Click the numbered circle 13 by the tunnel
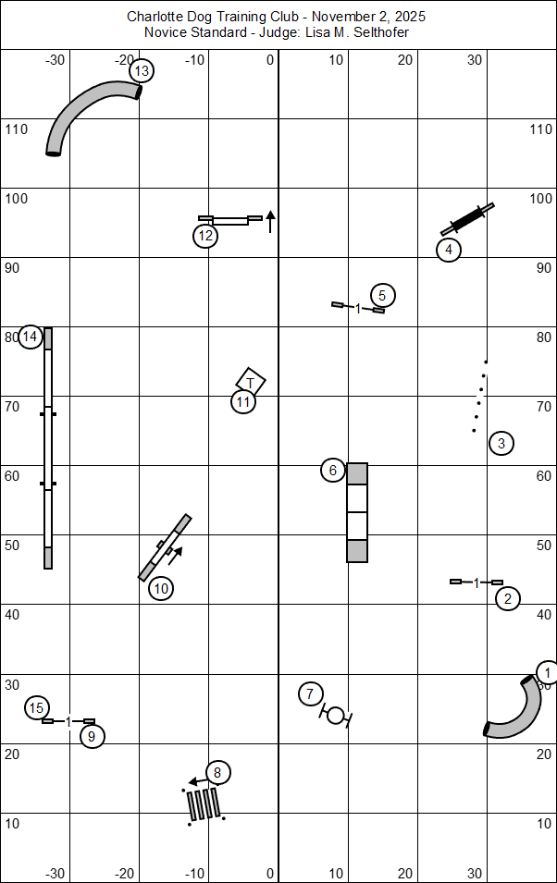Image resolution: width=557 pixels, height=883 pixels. tap(141, 70)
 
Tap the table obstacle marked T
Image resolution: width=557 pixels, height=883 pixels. tap(251, 381)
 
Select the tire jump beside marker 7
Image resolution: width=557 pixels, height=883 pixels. tap(336, 715)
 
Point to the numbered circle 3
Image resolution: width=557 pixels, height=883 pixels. tap(501, 443)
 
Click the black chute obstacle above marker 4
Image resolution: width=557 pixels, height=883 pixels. tap(468, 220)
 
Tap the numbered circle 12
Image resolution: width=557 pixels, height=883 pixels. tap(205, 237)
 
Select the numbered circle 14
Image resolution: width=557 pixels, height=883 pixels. tap(31, 337)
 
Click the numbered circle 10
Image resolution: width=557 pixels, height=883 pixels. tap(161, 587)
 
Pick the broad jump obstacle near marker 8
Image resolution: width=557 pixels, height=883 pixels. tap(204, 803)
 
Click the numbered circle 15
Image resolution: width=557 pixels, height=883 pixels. tap(36, 708)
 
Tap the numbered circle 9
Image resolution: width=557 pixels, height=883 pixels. tap(91, 736)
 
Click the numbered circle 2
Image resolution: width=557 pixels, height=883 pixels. tap(507, 598)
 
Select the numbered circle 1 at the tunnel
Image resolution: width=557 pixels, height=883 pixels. tap(548, 672)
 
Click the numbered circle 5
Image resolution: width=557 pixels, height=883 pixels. tap(382, 296)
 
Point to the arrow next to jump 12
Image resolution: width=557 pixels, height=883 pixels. tap(270, 220)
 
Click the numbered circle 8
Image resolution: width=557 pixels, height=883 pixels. tap(217, 772)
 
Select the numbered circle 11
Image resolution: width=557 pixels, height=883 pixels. tap(243, 401)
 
